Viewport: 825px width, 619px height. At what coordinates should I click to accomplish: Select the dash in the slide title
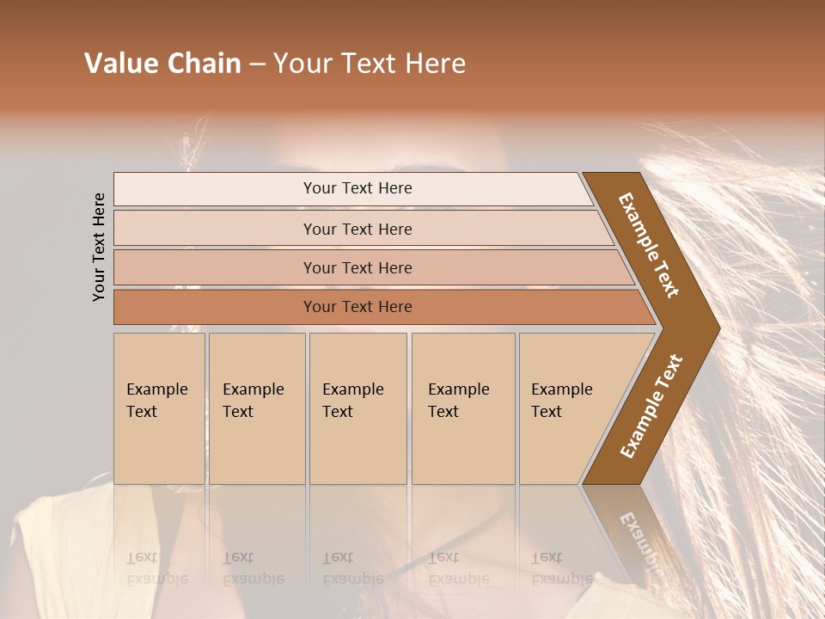coord(257,64)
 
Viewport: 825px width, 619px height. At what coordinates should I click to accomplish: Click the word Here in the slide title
coord(436,64)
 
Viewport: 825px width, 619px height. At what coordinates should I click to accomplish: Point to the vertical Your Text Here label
coord(99,247)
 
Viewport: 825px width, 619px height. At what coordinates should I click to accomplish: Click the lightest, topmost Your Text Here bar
coord(357,188)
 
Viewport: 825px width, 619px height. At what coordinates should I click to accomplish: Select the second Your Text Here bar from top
coord(357,229)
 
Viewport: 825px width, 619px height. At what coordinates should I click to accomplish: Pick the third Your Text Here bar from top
coord(357,267)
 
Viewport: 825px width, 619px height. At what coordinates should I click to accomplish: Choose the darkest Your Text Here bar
coord(357,307)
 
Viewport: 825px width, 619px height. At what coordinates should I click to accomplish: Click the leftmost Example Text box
coord(159,408)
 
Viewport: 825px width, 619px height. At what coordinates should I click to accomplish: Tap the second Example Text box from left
coord(256,408)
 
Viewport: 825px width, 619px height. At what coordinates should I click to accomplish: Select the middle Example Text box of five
coord(357,408)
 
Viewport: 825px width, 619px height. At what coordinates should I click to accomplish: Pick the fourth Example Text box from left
coord(463,408)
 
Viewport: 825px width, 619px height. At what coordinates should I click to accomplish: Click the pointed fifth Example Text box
coord(567,408)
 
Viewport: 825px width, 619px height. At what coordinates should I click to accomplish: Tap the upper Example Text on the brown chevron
coord(649,245)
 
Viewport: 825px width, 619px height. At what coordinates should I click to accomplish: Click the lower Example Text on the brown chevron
coord(651,407)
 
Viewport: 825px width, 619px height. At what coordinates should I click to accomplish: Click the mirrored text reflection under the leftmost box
coord(157,567)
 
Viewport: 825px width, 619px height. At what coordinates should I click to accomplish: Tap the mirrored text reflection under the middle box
coord(352,567)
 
